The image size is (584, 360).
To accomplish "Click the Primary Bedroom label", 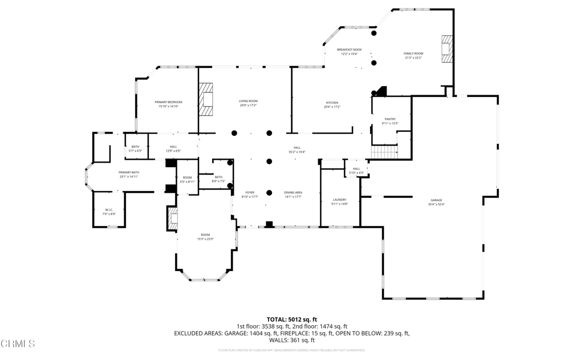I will point(168,102).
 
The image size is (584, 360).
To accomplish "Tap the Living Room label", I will point(248,101).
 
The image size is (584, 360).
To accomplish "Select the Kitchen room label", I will point(332,103).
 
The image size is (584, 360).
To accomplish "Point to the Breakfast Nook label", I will point(349,50).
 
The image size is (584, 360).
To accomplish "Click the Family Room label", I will point(413,54).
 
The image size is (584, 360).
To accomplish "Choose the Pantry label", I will point(390,119).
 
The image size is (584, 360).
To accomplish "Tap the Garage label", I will point(436,200).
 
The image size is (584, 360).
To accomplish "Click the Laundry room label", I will point(339,200).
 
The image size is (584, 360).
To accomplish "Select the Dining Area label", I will point(293,193).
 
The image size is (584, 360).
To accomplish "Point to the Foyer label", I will point(250,193).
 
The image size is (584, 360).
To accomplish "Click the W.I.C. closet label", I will point(108,210).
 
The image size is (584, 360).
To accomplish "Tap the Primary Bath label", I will point(129,172).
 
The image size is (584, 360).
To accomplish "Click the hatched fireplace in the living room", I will point(206,99).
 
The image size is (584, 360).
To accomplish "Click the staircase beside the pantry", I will point(384,152).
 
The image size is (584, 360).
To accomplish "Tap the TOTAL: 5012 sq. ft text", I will point(291,319).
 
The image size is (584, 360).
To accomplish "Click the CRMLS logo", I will point(18,343).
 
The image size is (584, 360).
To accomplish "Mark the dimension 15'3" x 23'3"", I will point(205,239).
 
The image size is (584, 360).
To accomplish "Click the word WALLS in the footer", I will point(279,340).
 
